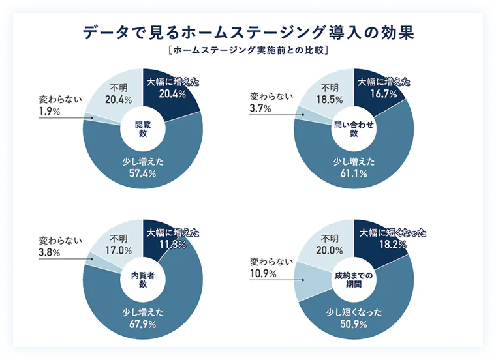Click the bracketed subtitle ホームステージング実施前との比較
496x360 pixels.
[248, 50]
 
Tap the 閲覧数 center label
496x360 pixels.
[142, 128]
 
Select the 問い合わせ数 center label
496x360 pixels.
[354, 128]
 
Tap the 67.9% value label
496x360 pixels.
[144, 324]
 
